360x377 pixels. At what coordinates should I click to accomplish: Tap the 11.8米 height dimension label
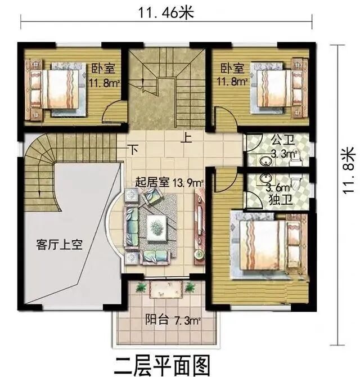coord(348,170)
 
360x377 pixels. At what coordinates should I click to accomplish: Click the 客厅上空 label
coord(60,245)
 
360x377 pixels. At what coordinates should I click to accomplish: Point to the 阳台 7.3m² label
coord(173,320)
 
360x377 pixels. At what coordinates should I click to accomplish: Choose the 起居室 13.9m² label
coord(169,182)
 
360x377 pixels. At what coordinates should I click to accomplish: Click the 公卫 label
coord(283,140)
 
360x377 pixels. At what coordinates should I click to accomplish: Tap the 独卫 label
coord(280,199)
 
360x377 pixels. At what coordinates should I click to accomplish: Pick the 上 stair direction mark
coord(186,137)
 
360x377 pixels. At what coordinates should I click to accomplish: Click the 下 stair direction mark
coord(133,149)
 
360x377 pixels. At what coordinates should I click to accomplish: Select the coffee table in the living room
coord(156,228)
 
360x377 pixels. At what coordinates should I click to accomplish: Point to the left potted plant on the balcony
coord(141,287)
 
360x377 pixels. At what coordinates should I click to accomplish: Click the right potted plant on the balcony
coord(190,287)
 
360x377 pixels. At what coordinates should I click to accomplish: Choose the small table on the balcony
coord(165,289)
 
